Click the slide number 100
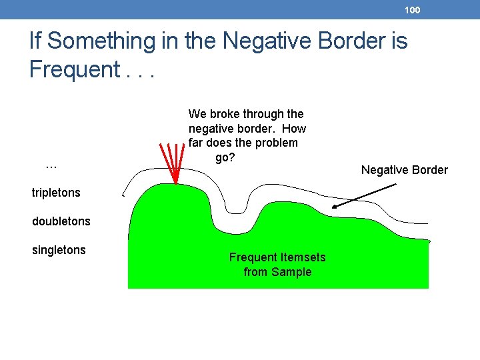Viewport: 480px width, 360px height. pos(413,10)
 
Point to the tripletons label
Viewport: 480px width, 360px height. pos(56,193)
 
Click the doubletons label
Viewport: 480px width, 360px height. pos(61,221)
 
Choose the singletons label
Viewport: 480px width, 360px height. pos(59,250)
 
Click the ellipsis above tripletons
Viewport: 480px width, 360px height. pos(51,164)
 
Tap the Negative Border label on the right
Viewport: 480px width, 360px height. pos(404,170)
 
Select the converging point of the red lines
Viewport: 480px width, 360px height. pos(175,183)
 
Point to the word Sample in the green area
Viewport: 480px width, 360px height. pos(294,272)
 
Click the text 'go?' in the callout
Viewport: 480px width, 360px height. pos(225,158)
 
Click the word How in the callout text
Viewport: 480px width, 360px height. pos(294,129)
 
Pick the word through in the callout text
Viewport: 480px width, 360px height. pos(263,114)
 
